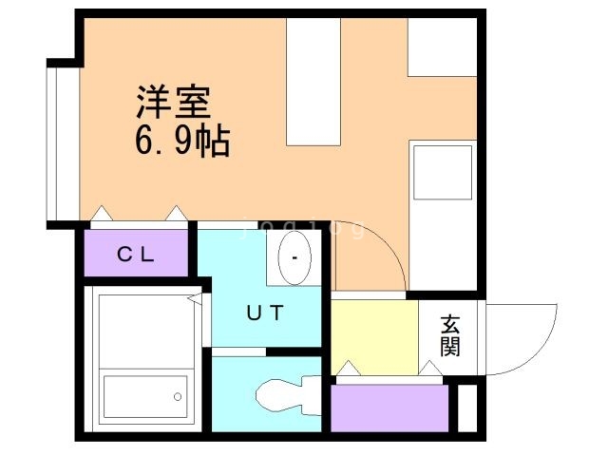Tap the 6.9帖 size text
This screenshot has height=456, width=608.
[x=181, y=143]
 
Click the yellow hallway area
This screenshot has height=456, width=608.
[x=374, y=337]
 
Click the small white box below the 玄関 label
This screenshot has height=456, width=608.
[x=466, y=407]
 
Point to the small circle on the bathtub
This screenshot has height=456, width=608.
[x=177, y=396]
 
